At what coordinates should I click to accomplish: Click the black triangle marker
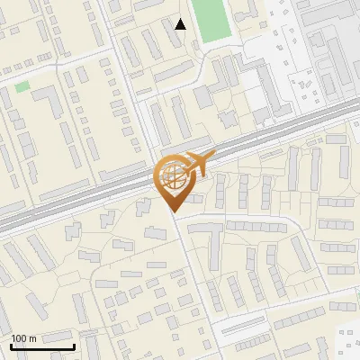[x=181, y=24]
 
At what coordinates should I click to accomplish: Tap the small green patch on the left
[x=22, y=86]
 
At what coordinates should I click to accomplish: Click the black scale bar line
[x=42, y=346]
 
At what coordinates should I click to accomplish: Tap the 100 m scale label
[x=23, y=338]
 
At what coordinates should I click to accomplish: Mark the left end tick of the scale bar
[x=11, y=345]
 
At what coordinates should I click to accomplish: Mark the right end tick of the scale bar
[x=74, y=345]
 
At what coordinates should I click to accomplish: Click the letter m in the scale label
[x=32, y=338]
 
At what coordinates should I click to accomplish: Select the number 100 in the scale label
[x=19, y=338]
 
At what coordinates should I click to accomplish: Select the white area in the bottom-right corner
[x=346, y=346]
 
